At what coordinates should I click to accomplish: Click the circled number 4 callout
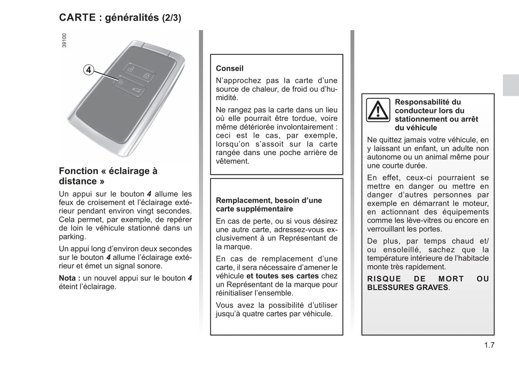[x=88, y=70]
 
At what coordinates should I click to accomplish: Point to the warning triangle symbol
[x=378, y=110]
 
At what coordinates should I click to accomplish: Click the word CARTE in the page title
[x=77, y=18]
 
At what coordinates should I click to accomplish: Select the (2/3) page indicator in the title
[x=171, y=18]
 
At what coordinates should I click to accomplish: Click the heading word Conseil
[x=230, y=68]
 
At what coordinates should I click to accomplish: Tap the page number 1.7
[x=489, y=345]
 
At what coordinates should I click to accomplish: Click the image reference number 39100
[x=64, y=41]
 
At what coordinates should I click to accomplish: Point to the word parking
[x=72, y=237]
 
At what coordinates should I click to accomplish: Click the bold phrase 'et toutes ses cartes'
[x=282, y=276]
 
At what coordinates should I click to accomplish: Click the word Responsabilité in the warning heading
[x=418, y=102]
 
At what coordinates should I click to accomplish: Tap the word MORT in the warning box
[x=451, y=279]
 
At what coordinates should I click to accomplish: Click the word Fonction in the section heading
[x=78, y=171]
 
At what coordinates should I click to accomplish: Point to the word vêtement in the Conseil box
[x=232, y=161]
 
